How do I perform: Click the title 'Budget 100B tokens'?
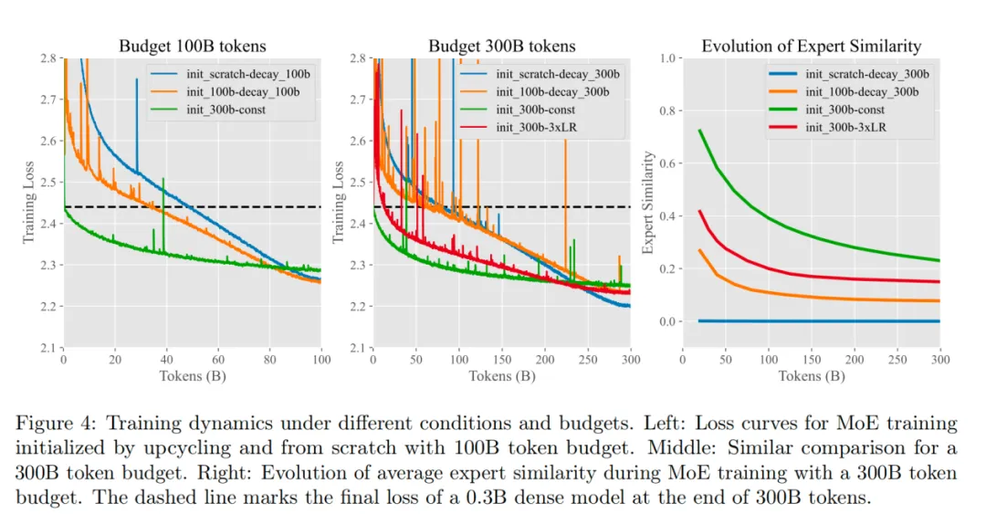pos(192,47)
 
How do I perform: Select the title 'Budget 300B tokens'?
pos(502,47)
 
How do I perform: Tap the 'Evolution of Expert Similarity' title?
pos(811,47)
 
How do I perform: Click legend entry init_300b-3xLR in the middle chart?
pos(537,128)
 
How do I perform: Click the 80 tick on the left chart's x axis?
pos(270,362)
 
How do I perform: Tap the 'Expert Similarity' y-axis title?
pos(649,203)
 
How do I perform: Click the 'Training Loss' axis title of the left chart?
pos(28,203)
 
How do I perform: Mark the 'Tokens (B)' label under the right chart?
pos(812,376)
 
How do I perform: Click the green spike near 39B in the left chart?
pos(163,183)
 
